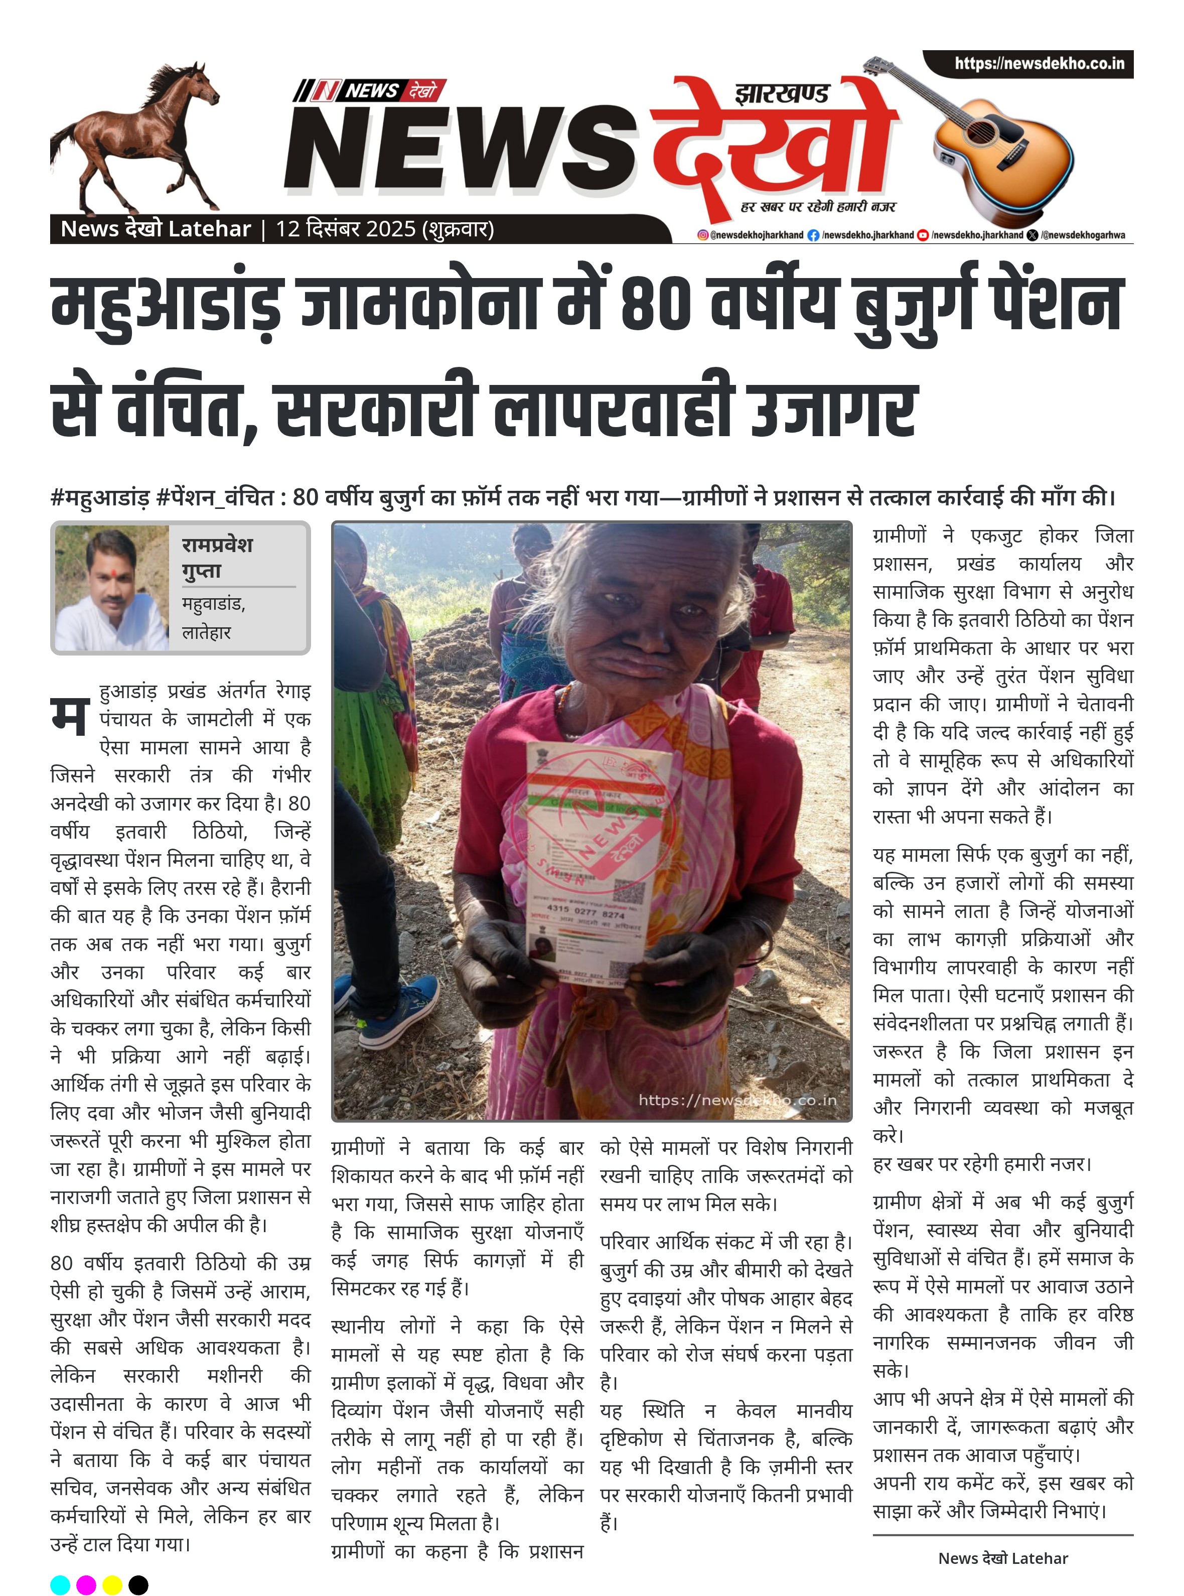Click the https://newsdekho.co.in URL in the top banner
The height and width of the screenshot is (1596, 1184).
tap(1039, 64)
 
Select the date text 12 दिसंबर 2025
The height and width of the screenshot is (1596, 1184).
tap(346, 229)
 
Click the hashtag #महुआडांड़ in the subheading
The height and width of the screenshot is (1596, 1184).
tap(100, 497)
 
